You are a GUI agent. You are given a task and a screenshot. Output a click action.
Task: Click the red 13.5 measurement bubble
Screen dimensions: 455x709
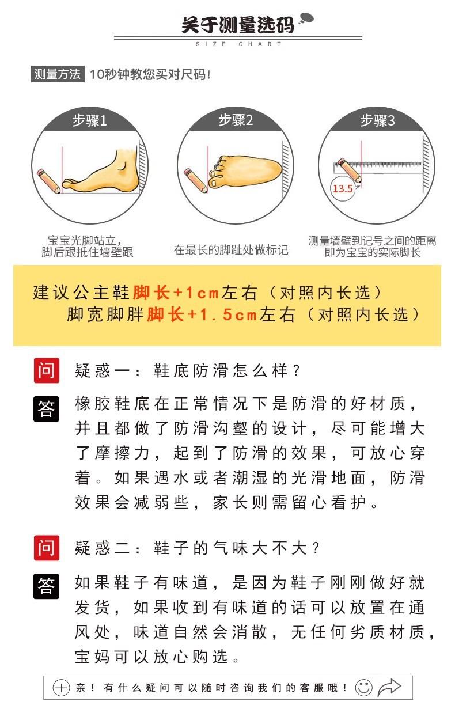point(342,189)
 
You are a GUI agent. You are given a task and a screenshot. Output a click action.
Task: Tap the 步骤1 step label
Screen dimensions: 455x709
point(89,120)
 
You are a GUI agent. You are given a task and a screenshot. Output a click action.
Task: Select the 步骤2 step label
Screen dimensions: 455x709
point(236,120)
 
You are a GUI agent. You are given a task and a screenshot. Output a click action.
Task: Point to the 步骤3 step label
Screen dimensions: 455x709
point(377,120)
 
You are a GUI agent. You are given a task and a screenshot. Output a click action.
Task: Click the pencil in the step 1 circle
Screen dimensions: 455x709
point(48,181)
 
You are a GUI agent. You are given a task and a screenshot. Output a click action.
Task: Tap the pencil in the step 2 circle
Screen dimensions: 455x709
point(196,180)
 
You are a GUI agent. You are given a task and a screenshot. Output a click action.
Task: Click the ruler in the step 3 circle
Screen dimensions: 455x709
point(378,168)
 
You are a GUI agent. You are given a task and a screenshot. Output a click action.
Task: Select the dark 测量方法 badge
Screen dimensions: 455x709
point(58,74)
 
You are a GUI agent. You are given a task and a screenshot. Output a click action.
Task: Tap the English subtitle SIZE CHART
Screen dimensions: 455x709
point(238,44)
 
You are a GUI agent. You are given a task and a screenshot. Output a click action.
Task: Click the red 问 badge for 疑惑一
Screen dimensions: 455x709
point(47,370)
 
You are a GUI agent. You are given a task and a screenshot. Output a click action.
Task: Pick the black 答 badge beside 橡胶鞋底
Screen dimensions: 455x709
point(46,408)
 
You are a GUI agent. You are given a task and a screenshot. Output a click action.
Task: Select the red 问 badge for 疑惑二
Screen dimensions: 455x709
point(47,548)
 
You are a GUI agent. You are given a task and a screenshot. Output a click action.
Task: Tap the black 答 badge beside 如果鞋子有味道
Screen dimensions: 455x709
point(46,586)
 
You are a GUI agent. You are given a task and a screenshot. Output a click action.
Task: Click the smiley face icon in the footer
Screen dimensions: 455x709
point(364,688)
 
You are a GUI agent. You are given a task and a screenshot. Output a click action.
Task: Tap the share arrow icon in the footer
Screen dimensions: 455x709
point(389,688)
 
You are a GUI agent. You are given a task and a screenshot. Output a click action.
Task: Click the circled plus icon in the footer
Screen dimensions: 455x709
point(61,688)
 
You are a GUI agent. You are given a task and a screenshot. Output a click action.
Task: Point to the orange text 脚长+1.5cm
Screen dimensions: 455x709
point(202,314)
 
